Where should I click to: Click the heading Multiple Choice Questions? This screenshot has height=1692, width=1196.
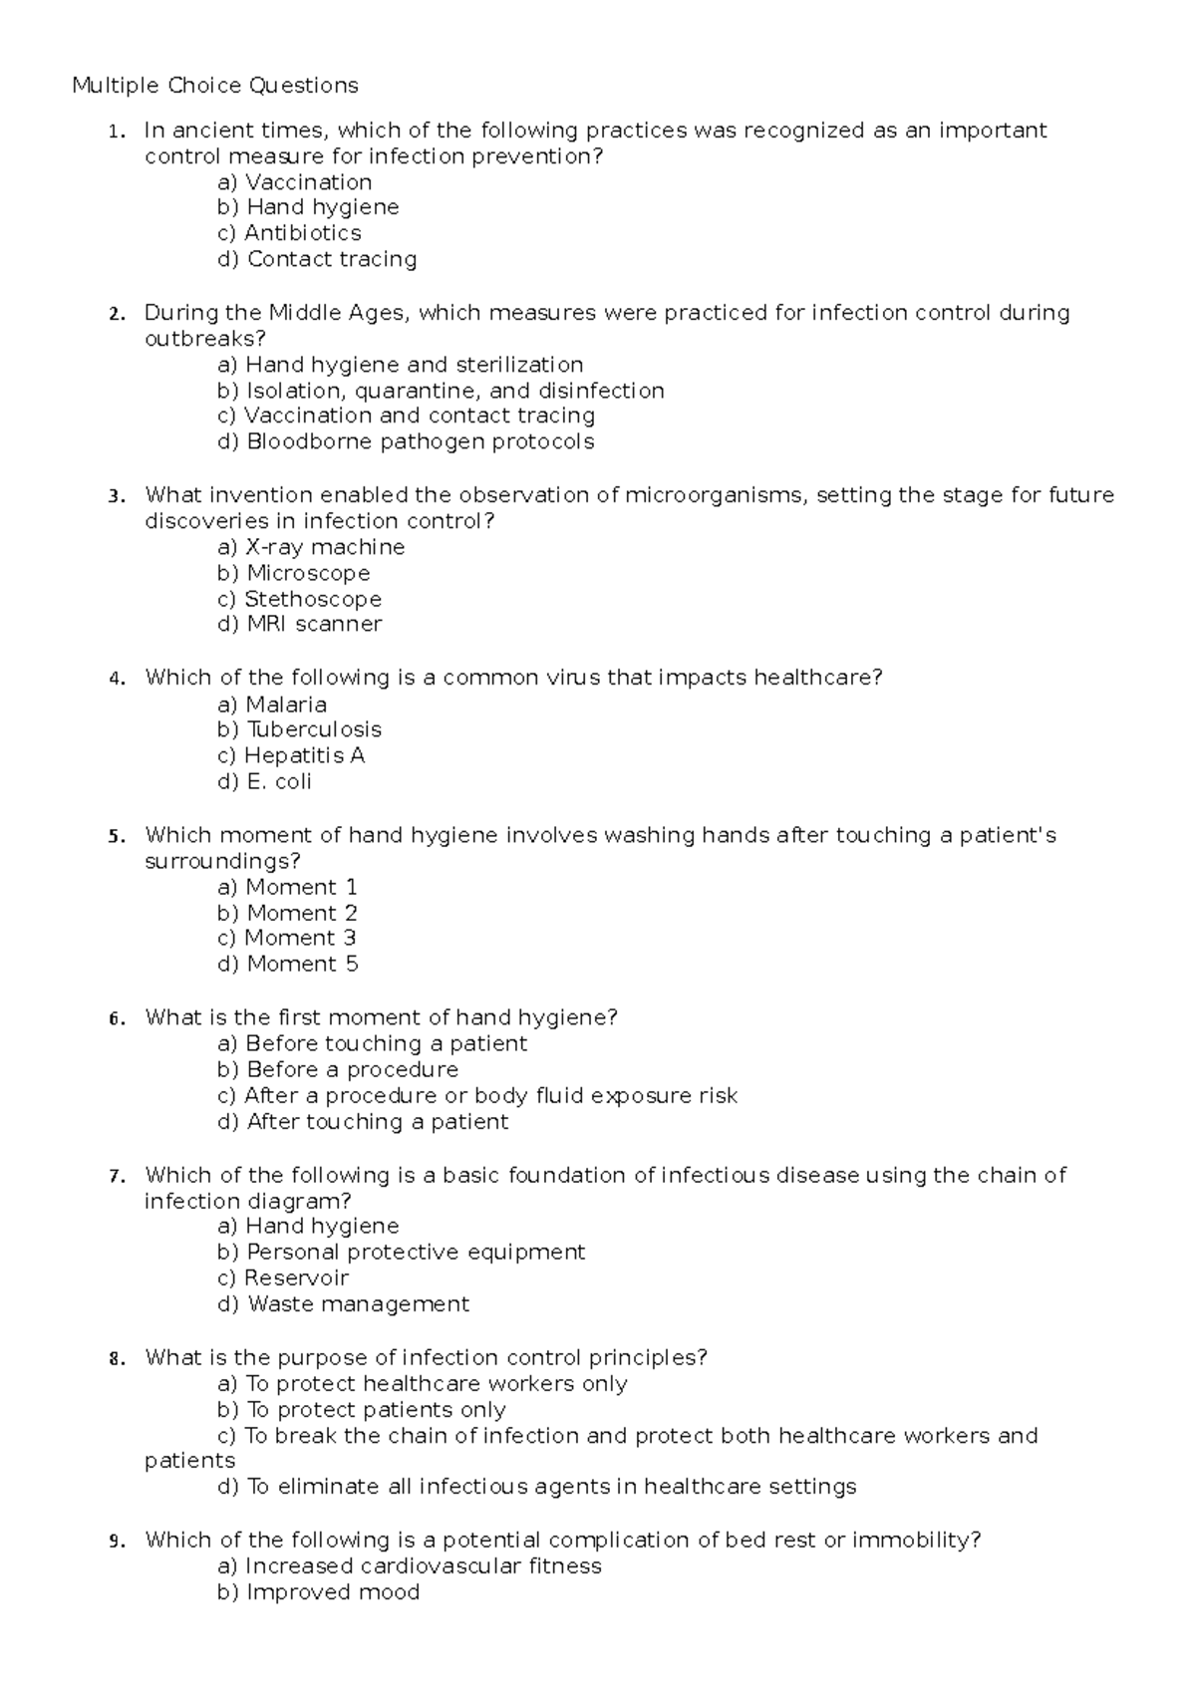pos(214,86)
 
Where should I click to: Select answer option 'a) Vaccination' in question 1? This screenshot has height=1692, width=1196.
pos(294,182)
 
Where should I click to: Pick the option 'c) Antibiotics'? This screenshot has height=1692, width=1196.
pos(289,233)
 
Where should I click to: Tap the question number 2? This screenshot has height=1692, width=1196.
pos(118,314)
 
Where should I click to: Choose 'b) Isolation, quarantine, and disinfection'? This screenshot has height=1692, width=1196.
pos(440,391)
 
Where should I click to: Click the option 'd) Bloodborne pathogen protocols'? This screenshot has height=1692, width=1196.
pos(405,441)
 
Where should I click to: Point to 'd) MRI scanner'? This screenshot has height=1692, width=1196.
pos(299,624)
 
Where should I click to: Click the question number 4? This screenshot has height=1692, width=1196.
pos(118,679)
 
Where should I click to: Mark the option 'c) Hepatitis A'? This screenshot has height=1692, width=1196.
pos(290,755)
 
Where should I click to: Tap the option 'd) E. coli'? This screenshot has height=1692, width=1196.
pos(264,781)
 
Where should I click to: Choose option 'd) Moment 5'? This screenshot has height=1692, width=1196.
pos(287,964)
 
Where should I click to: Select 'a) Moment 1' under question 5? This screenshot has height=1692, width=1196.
pos(287,887)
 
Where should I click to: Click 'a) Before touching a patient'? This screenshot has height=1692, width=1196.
pos(371,1043)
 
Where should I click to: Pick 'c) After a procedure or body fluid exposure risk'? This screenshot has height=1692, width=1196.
pos(476,1095)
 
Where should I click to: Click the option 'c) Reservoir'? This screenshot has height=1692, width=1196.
pos(282,1277)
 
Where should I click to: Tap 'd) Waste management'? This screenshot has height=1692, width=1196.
pos(342,1303)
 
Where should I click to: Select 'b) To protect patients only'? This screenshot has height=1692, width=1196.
pos(361,1409)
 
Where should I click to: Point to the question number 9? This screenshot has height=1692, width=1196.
pos(118,1542)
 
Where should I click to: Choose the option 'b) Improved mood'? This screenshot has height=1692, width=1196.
pos(317,1592)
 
